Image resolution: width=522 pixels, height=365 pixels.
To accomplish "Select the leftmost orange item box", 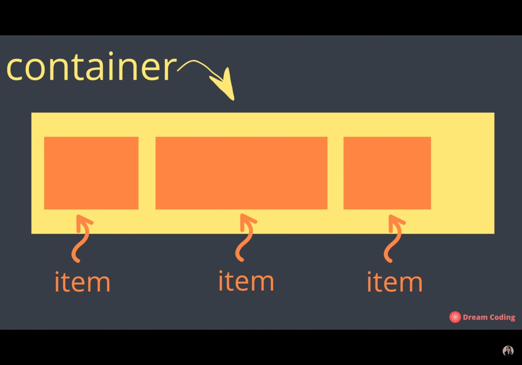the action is (91, 173).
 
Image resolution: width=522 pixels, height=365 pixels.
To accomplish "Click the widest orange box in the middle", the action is (241, 173).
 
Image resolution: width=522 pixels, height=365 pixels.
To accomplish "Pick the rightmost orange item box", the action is (387, 173).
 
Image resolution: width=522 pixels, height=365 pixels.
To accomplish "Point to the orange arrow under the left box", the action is (81, 239).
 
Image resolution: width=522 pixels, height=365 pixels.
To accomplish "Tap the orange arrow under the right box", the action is (394, 239).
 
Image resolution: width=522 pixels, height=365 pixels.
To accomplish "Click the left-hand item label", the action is (82, 282).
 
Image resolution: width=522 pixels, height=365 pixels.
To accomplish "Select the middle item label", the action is (246, 281).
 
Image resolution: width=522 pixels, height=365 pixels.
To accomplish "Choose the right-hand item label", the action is (394, 282).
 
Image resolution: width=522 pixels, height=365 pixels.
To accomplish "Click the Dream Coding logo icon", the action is (455, 317).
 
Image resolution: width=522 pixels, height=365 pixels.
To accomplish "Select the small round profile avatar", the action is (508, 351).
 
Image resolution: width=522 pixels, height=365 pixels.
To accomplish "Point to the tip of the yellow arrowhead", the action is (233, 99).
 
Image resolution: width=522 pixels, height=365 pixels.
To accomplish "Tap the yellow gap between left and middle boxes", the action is (147, 173).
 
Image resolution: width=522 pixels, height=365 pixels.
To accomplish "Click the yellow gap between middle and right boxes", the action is (335, 173).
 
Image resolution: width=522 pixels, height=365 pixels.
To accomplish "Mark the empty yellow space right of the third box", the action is (462, 173).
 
